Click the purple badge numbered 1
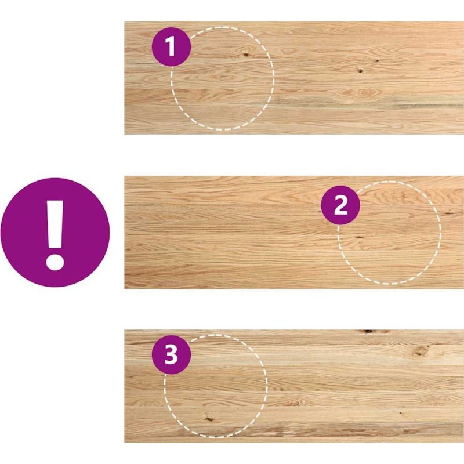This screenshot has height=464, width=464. point(171,46)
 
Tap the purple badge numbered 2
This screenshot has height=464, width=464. point(340,205)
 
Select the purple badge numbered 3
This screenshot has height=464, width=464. point(171,354)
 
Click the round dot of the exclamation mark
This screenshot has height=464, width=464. point(55,261)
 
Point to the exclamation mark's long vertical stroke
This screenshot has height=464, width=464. point(55,224)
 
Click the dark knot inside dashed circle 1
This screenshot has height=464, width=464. point(246,55)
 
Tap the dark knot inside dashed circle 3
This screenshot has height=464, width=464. point(209,419)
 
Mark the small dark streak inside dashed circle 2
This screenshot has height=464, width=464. point(359,237)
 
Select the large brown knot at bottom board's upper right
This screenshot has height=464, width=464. point(420,351)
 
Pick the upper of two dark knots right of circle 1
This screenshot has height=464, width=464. point(378,61)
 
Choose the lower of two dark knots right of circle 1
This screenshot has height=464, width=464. point(360,71)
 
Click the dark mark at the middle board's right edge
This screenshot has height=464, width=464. point(453,212)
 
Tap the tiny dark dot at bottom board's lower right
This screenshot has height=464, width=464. point(401,412)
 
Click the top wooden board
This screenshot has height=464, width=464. point(294,78)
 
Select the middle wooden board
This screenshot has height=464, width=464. point(294,233)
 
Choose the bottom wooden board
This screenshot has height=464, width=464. point(294,386)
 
